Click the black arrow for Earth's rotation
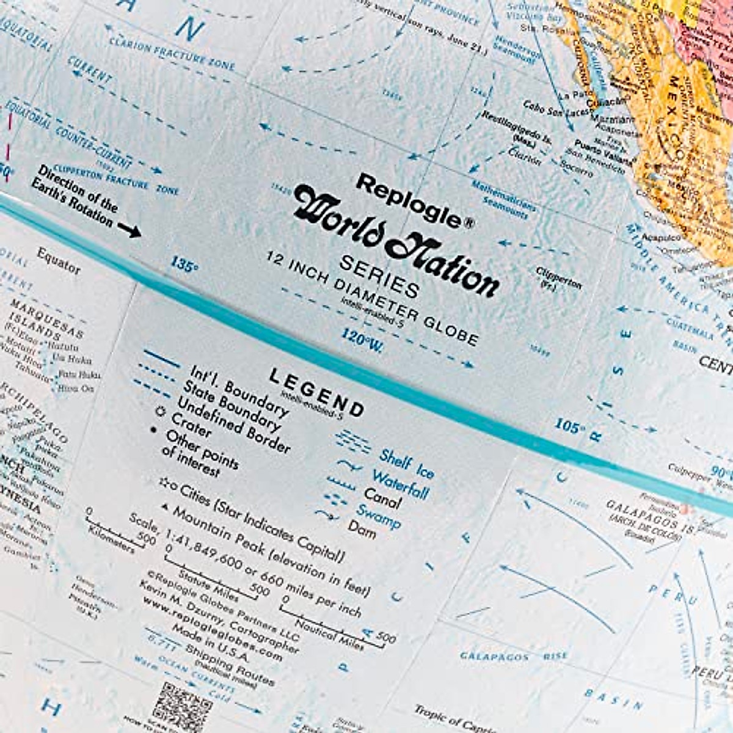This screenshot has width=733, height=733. click(x=129, y=230)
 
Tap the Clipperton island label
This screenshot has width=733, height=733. click(x=558, y=277)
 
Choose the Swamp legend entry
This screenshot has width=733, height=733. click(x=379, y=517)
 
